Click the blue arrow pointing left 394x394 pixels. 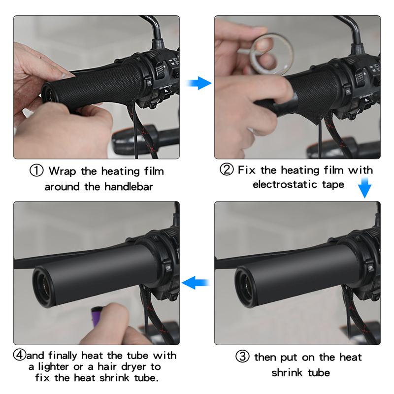(x=196, y=282)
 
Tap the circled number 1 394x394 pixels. (x=37, y=171)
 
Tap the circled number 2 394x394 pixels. (x=226, y=170)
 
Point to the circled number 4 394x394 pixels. (x=20, y=356)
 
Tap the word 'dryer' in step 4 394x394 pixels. (x=135, y=367)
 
